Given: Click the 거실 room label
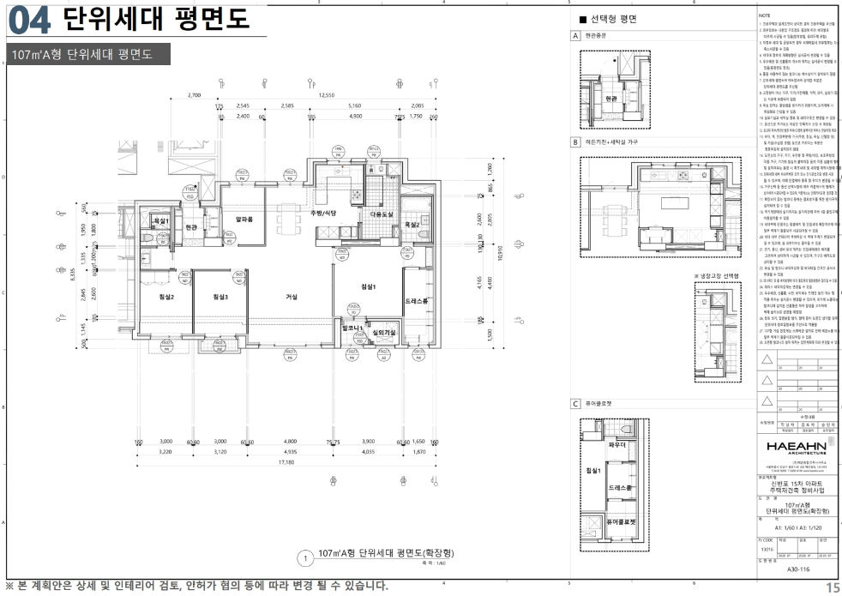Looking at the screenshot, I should click(292, 297).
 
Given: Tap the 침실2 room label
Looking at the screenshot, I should click(166, 297).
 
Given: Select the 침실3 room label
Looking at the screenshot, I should click(220, 297).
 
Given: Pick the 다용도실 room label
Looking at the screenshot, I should click(381, 214).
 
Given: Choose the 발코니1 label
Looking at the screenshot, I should click(353, 328).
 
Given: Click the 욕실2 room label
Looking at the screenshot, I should click(412, 225).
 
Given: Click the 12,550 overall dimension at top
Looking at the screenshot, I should click(326, 95).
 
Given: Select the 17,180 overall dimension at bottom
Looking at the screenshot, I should click(285, 461).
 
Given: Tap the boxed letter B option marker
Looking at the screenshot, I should click(576, 142).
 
